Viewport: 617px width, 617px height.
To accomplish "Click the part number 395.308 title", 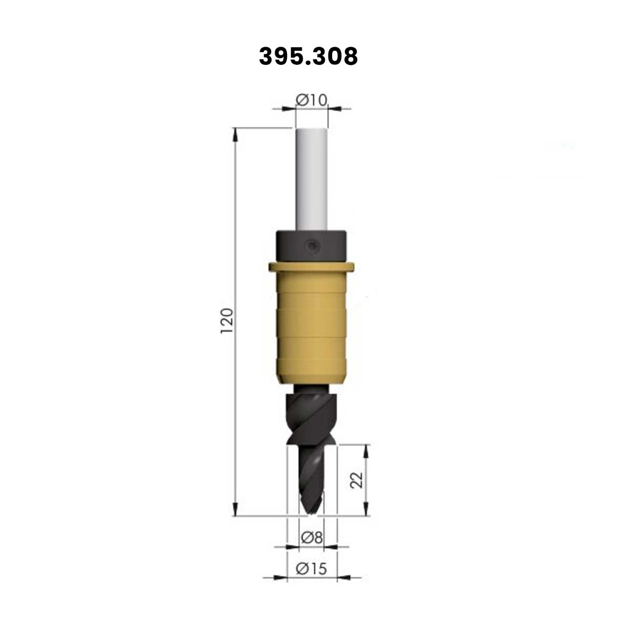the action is point(308,57).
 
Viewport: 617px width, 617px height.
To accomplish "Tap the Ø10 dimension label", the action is point(312,101).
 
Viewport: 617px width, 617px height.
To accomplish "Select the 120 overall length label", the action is point(227,321).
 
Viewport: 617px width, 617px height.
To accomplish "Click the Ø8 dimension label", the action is point(312,538).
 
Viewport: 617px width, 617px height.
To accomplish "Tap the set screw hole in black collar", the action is point(311,247).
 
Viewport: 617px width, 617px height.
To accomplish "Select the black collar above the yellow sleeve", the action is point(311,247).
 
